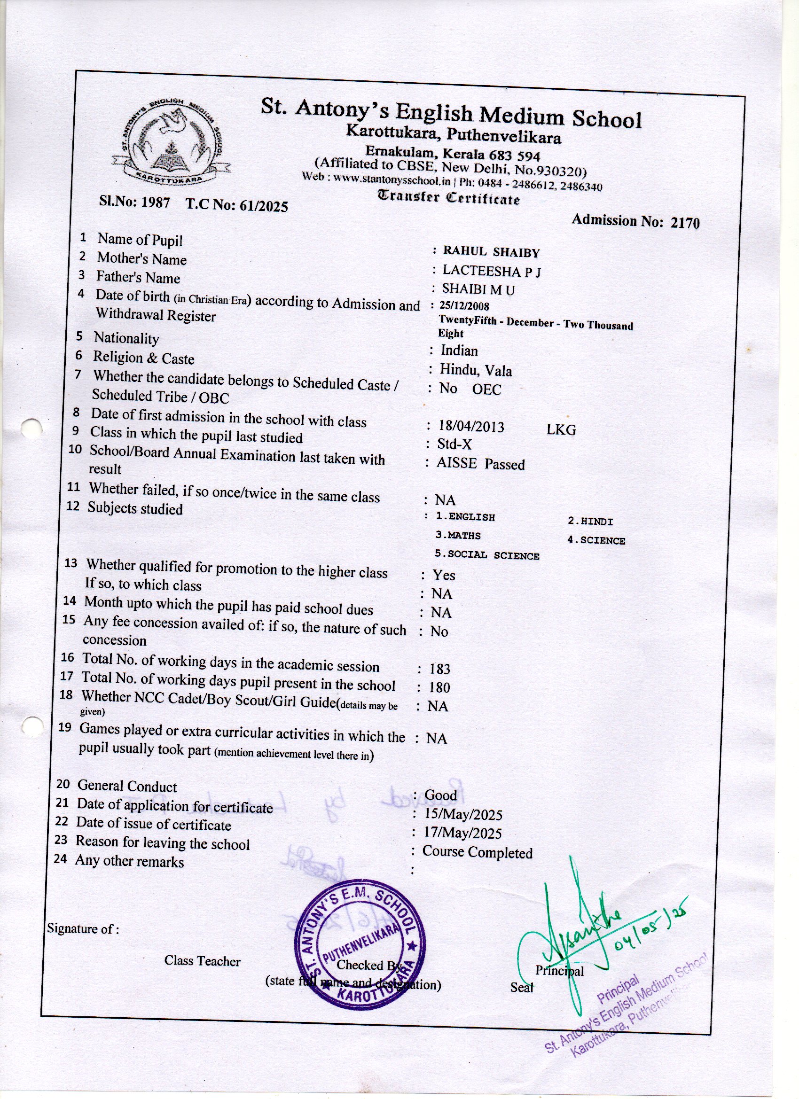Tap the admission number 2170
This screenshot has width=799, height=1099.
tap(685, 222)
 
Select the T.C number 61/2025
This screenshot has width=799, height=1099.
tap(262, 206)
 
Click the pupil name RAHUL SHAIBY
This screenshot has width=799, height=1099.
tap(491, 252)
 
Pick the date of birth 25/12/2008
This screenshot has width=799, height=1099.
tap(463, 306)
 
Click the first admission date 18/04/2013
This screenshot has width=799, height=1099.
tap(471, 427)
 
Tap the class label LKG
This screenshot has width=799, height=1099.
tap(561, 430)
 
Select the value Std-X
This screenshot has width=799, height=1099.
tap(454, 444)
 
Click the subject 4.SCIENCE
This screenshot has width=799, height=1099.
tap(596, 540)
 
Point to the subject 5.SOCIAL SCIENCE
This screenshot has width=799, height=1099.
tap(487, 555)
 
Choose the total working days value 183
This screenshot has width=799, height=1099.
tap(440, 669)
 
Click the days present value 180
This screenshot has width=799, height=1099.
tap(439, 687)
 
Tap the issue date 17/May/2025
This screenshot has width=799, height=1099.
tap(462, 833)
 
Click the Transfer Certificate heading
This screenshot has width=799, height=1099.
tap(448, 198)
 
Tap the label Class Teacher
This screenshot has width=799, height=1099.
tap(202, 961)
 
